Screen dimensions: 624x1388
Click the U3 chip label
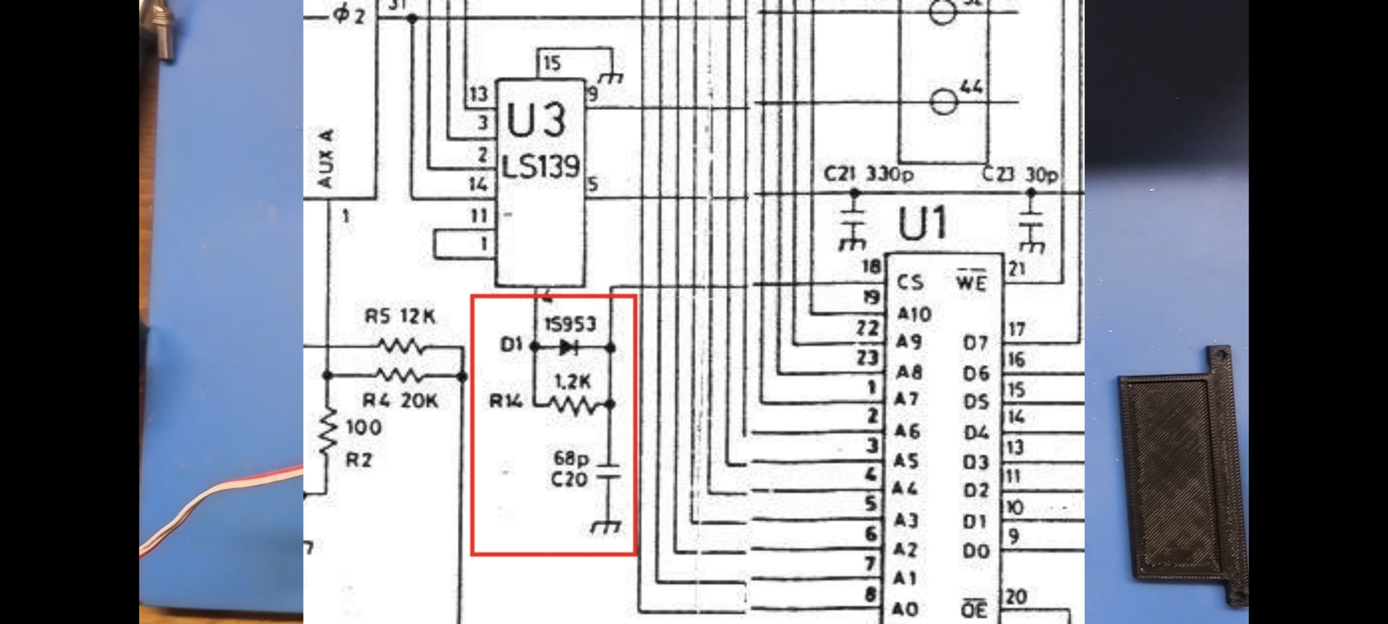tap(535, 120)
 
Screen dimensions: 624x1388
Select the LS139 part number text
tap(540, 166)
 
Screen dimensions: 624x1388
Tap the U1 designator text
tap(922, 224)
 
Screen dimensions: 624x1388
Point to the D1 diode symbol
tap(568, 348)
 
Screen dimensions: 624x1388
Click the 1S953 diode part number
tap(571, 325)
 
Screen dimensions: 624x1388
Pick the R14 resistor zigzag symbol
tap(573, 405)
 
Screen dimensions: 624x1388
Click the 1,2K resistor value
tap(573, 382)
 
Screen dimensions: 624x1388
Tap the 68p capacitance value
tap(571, 459)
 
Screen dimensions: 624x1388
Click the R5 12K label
tap(400, 316)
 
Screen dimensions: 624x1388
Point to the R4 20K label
tap(400, 400)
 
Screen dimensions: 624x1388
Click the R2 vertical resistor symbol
tap(329, 431)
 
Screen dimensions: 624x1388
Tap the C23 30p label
tap(1019, 175)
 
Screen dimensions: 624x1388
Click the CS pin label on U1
tap(910, 282)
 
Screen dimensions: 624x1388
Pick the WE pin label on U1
tap(971, 282)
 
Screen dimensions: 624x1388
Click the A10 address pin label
tap(914, 314)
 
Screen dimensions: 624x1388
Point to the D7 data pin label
tap(975, 344)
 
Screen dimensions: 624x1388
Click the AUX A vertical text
tap(325, 159)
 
